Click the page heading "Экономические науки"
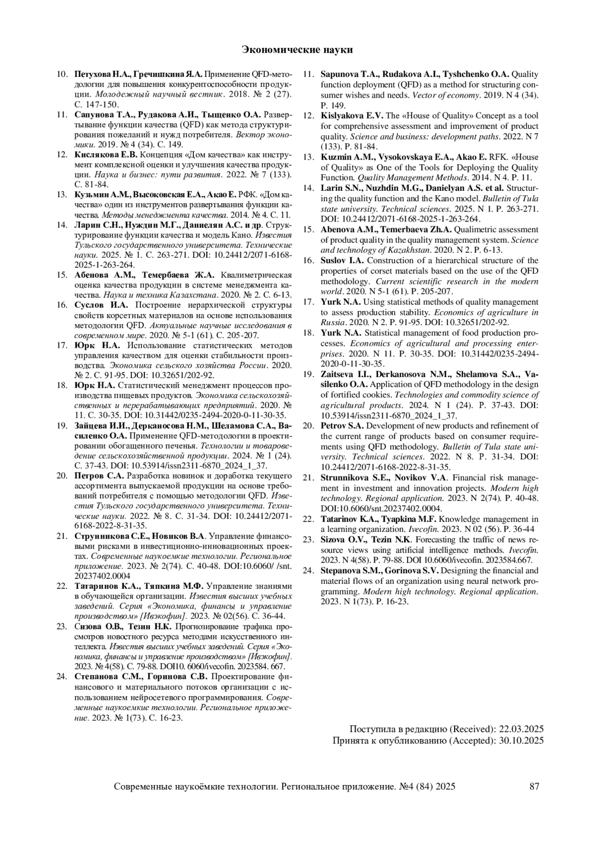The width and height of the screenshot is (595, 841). (297, 50)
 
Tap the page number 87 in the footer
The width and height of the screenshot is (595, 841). (534, 786)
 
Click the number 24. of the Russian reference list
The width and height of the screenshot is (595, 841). (62, 676)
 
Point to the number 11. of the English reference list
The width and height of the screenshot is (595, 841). (309, 75)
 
